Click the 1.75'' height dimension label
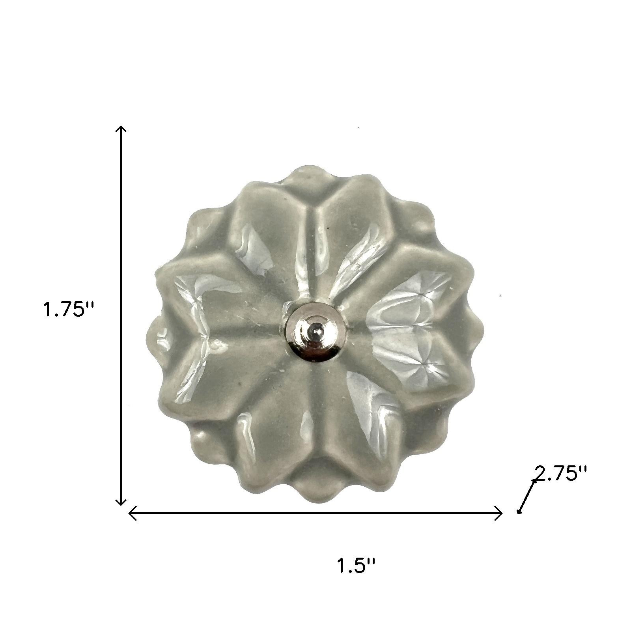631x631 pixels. [69, 310]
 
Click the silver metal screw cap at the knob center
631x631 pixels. [315, 332]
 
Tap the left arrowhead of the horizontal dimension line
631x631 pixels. [132, 513]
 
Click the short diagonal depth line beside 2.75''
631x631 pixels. [527, 496]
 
